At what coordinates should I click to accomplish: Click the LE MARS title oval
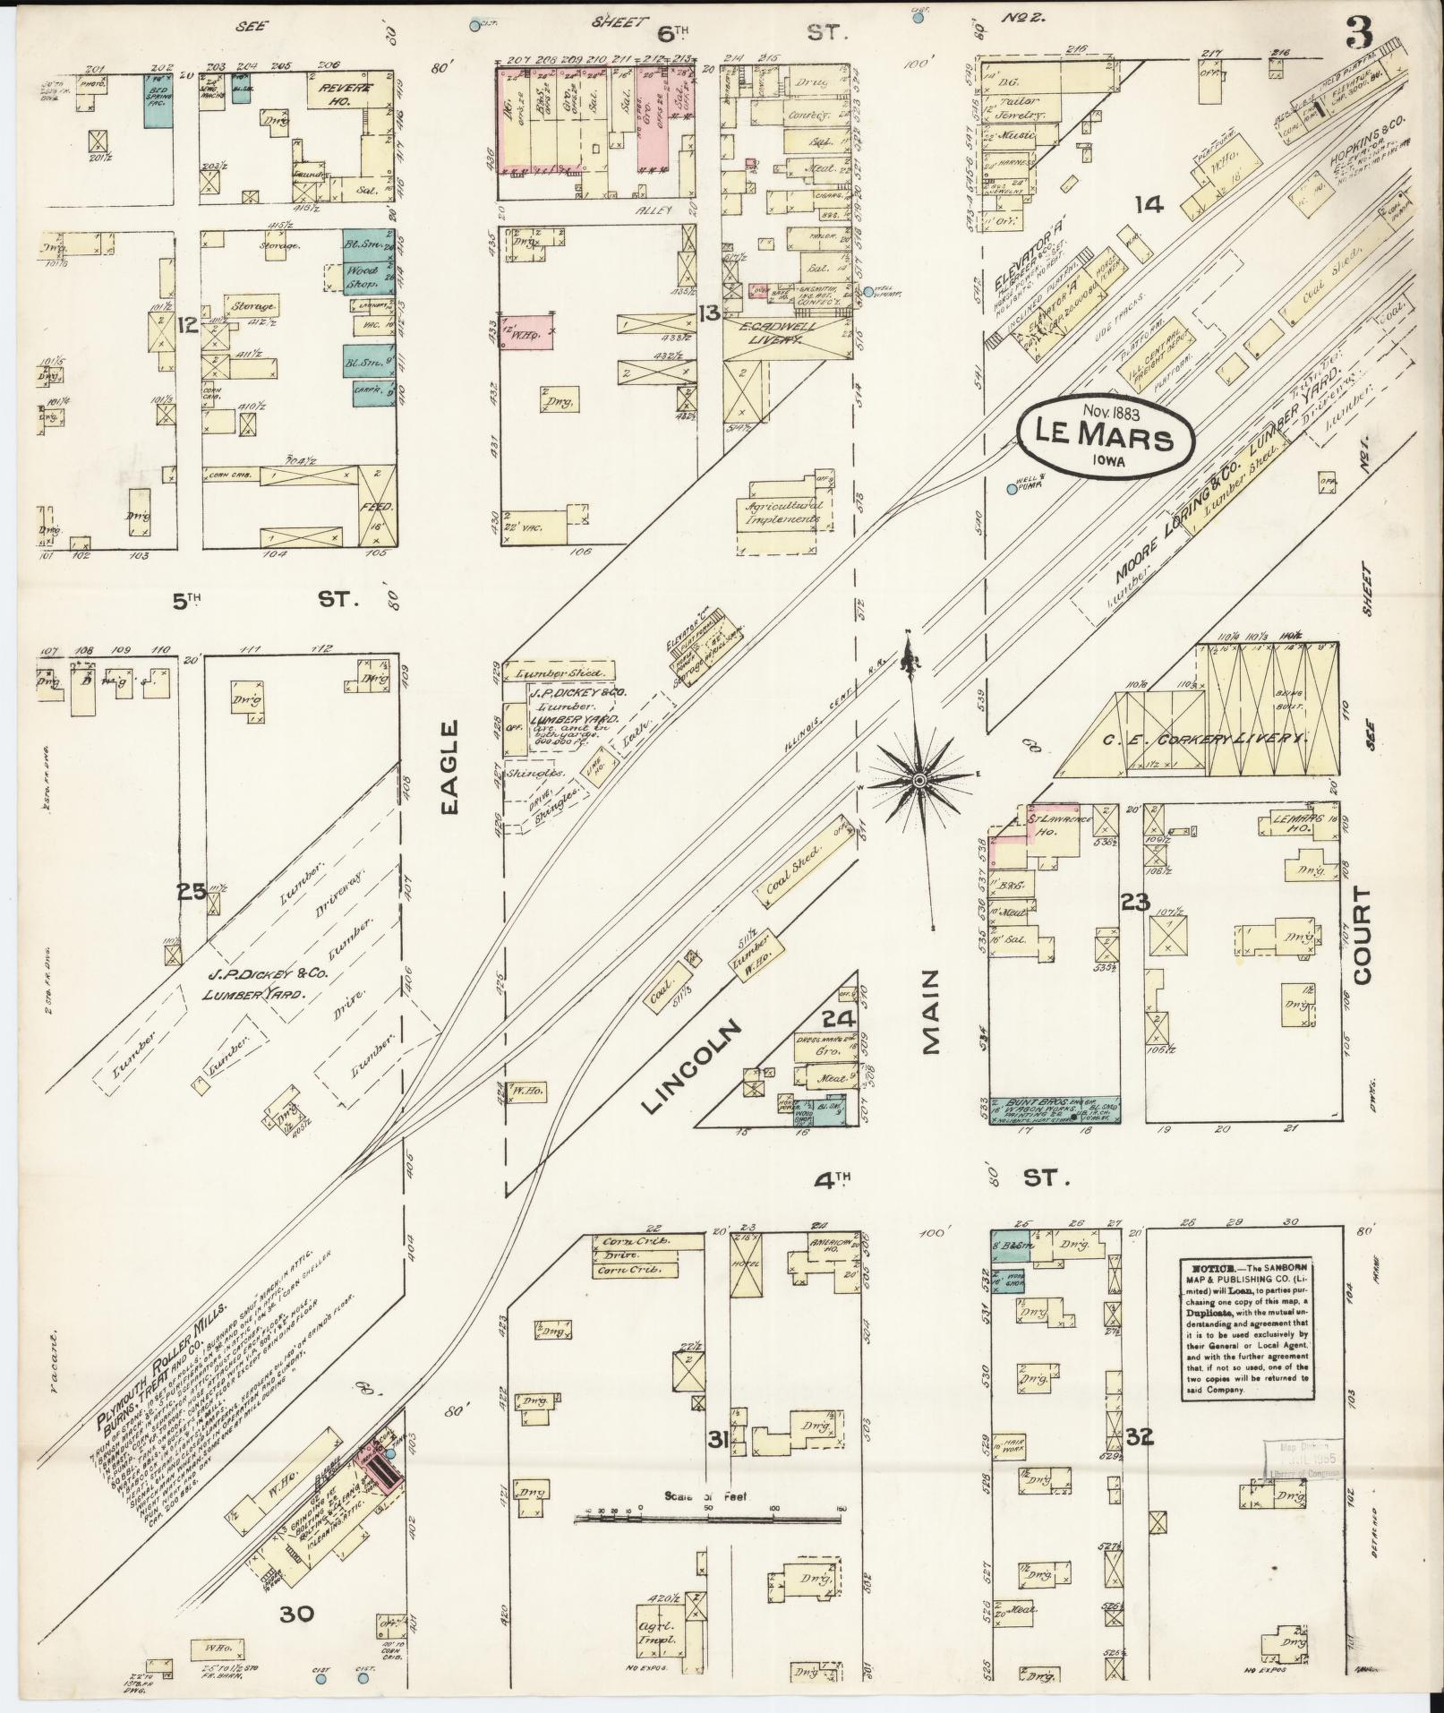point(1105,438)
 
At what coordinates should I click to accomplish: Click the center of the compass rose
point(919,782)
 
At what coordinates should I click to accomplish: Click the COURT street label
point(1363,936)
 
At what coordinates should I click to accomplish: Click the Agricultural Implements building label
point(784,512)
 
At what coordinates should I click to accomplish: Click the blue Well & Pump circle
point(1012,489)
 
